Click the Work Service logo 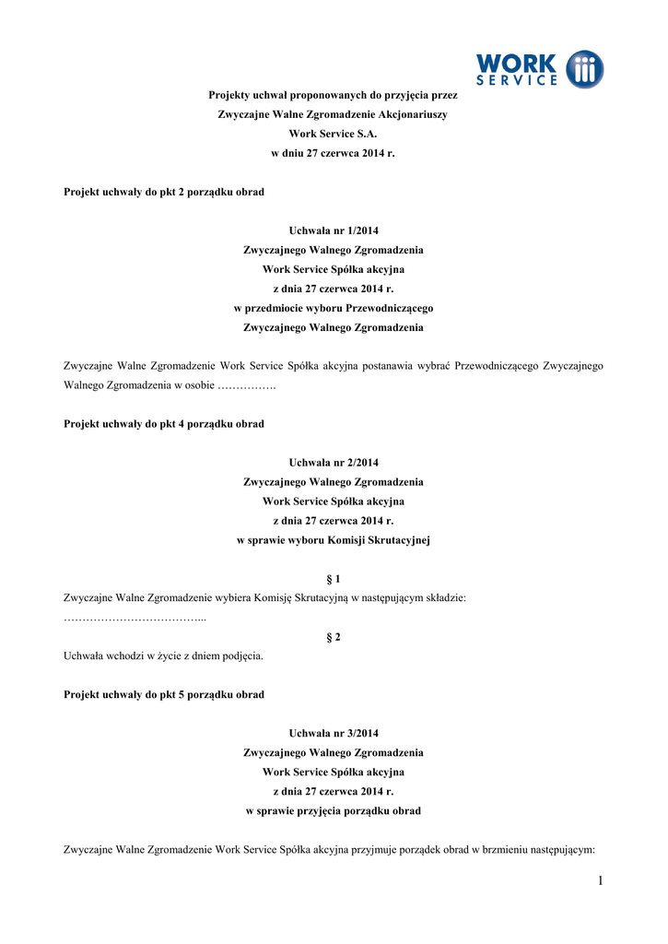(539, 70)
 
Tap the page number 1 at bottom (600, 881)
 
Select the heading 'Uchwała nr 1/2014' (333, 230)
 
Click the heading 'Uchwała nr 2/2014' (333, 462)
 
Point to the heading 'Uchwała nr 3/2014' (333, 733)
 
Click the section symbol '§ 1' (333, 579)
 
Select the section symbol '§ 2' (333, 637)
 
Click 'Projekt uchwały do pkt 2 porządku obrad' (163, 192)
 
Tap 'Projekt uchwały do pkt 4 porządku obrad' (163, 424)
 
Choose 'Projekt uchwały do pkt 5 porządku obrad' (163, 694)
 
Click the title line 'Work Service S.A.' (333, 134)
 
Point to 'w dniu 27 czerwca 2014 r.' (333, 153)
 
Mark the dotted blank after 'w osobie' (246, 385)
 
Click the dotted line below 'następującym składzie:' (135, 618)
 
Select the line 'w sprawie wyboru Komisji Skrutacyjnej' (333, 540)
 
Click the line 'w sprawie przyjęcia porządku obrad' (333, 810)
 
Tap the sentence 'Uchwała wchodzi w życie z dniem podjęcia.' (163, 656)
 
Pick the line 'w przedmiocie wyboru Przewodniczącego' (333, 308)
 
